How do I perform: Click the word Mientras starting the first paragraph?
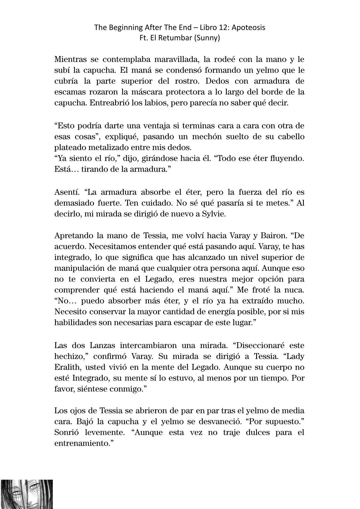tap(70, 59)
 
